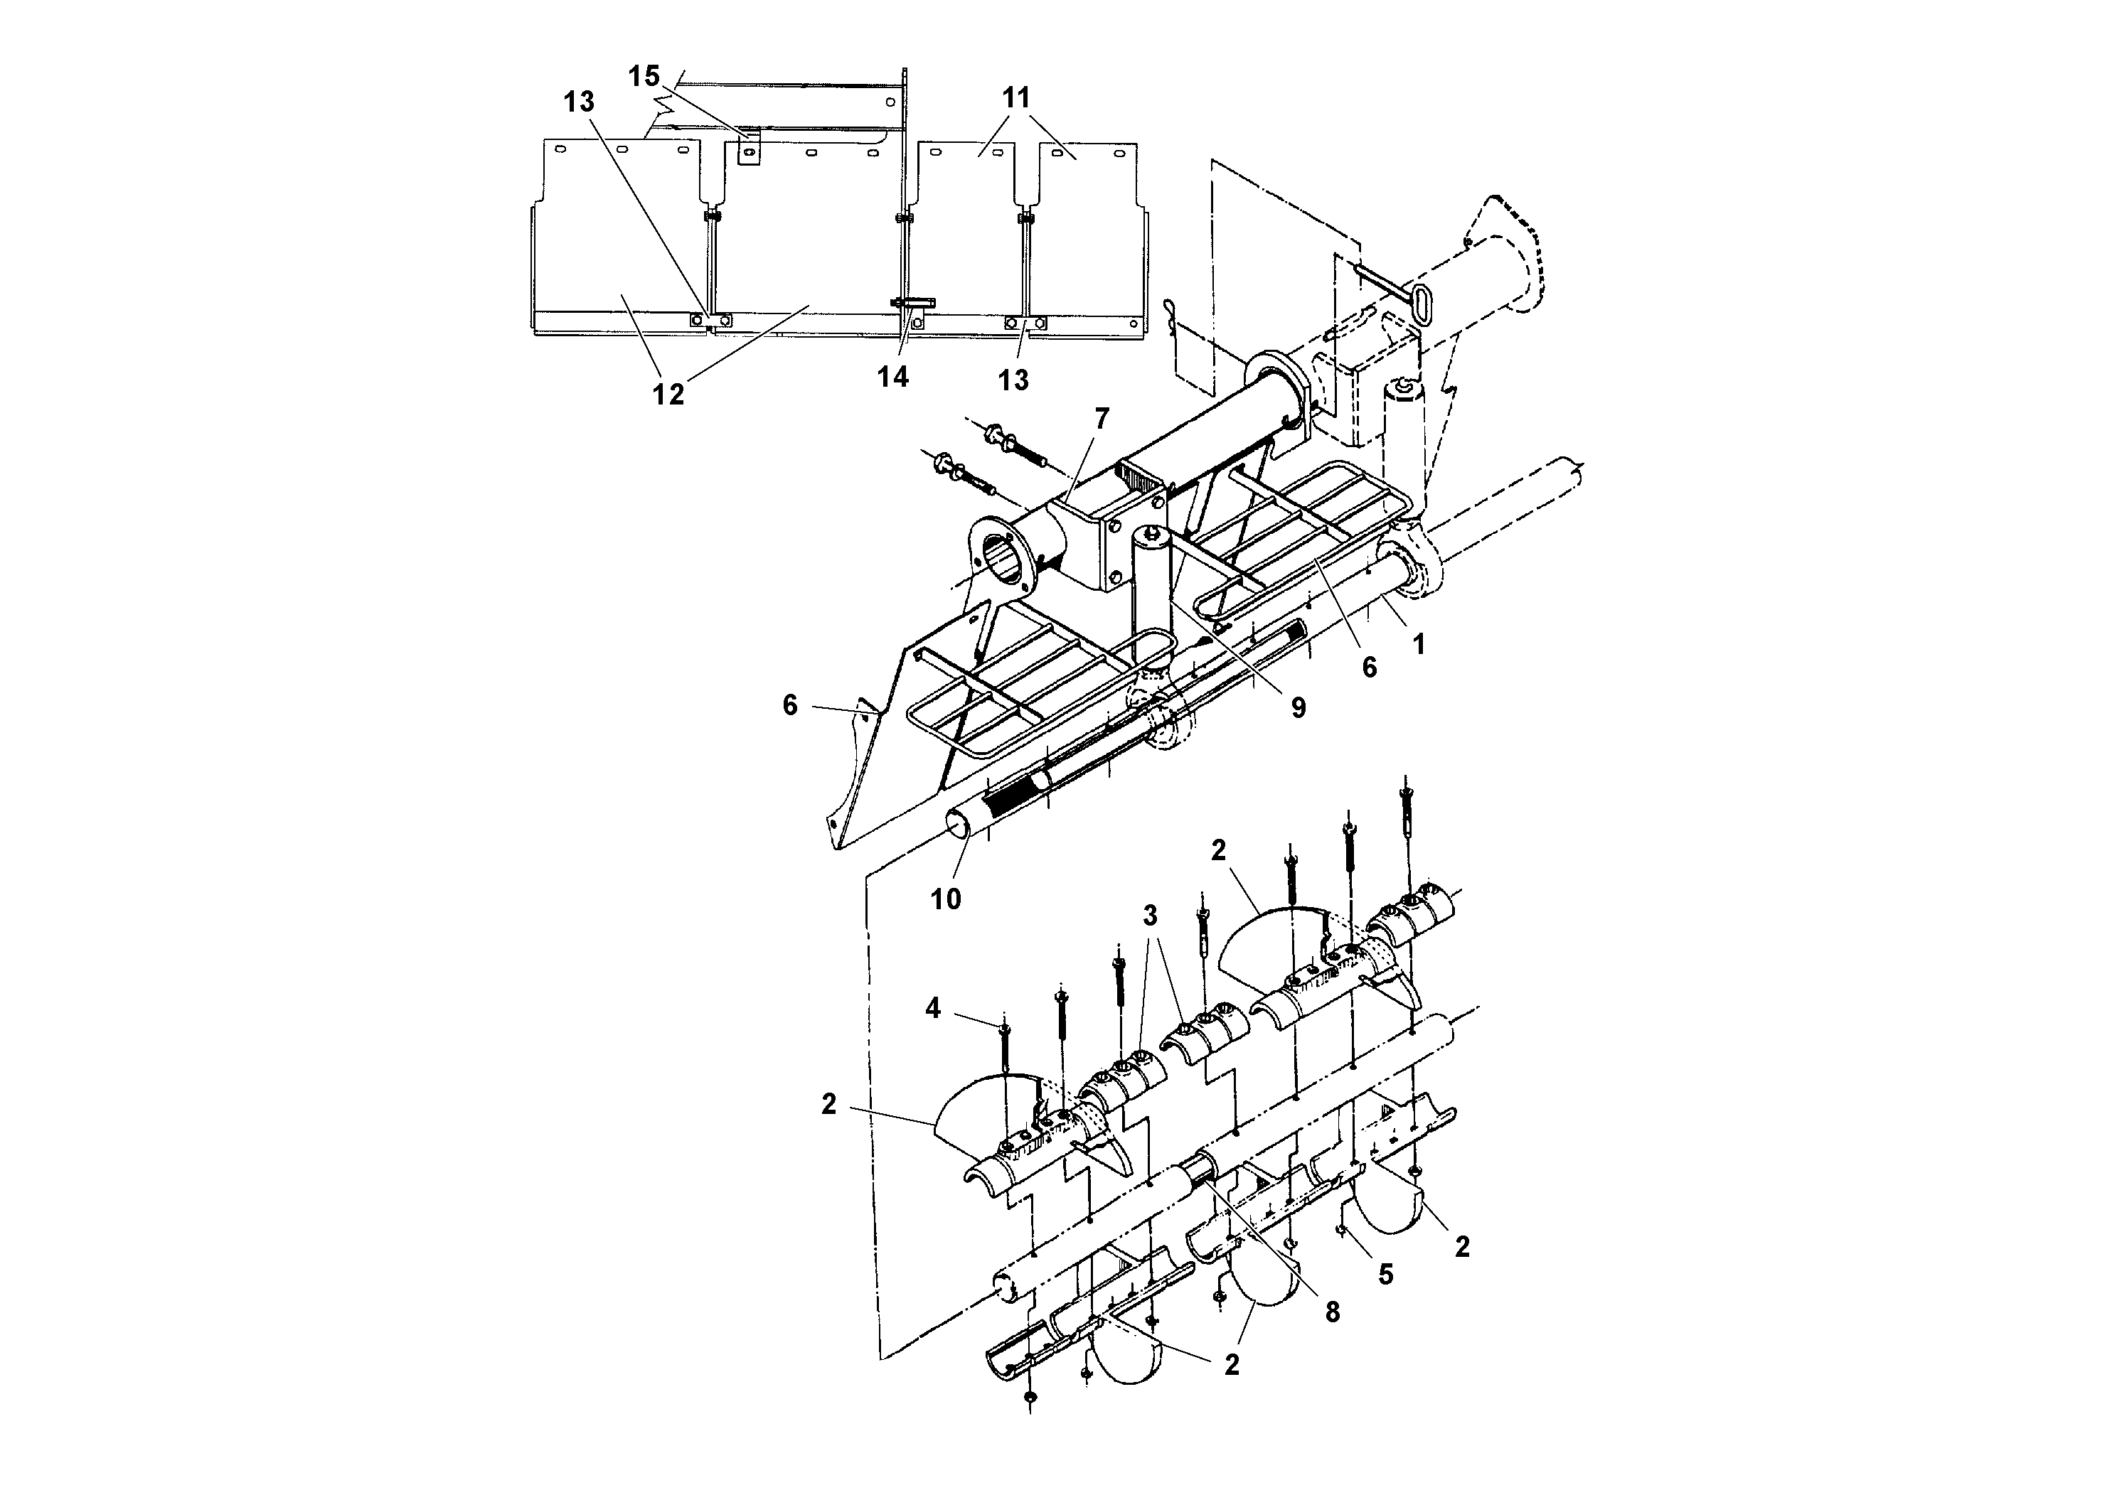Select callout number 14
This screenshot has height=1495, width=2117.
[892, 376]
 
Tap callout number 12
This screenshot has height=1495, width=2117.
[668, 394]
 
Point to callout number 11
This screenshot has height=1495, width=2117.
[1016, 97]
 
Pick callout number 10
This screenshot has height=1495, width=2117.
[945, 899]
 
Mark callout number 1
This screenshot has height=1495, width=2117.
[1419, 644]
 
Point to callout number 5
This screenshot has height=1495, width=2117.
[1386, 1274]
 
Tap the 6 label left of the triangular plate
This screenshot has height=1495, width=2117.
[790, 705]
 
